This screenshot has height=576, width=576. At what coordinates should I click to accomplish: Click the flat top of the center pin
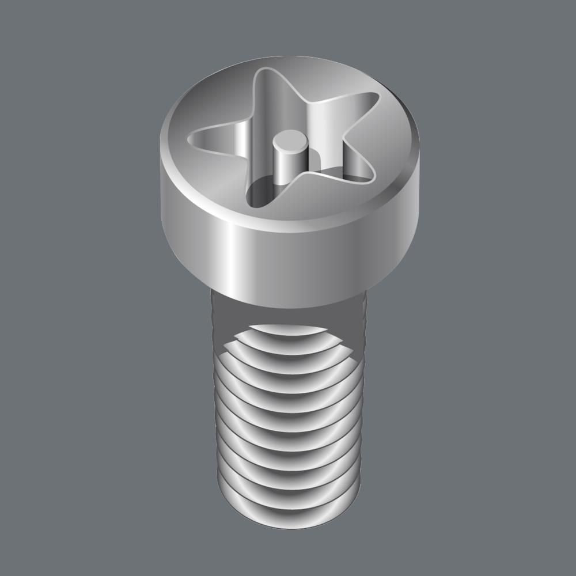(290, 139)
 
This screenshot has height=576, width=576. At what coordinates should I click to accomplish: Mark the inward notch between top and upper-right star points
(305, 104)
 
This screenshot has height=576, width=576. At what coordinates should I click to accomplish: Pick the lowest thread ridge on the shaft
(288, 507)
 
